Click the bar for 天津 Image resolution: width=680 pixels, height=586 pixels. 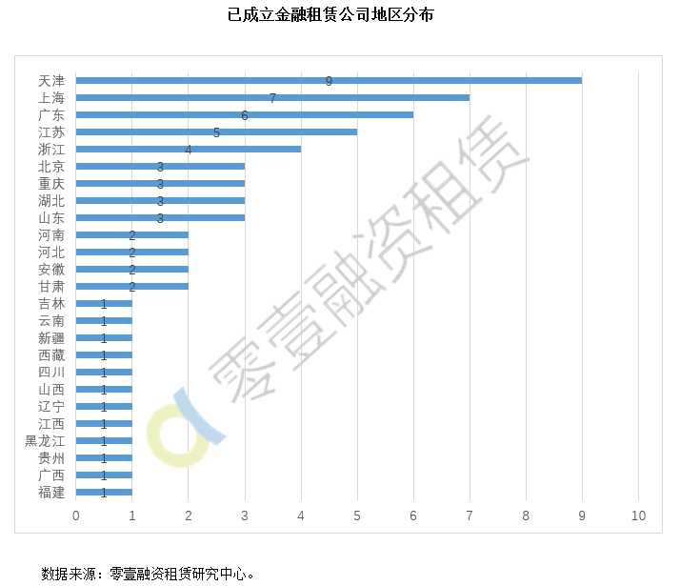coord(329,80)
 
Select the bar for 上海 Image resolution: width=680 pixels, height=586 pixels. coord(272,97)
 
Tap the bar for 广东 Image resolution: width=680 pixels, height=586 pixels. coord(245,114)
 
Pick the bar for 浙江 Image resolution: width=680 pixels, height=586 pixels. coord(189,149)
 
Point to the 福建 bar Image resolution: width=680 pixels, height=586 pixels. coord(104,492)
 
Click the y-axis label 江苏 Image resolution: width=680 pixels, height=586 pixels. coord(51,132)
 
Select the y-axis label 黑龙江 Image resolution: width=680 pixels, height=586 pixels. coord(45,441)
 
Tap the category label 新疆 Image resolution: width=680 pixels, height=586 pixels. coord(51,338)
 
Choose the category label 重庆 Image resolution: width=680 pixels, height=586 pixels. coord(51,184)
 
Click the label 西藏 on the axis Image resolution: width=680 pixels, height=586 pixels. coord(51,355)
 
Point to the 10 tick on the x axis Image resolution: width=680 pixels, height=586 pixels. coord(638,515)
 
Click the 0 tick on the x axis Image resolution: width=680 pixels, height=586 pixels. coord(76,515)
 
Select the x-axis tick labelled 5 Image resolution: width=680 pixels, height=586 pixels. coord(357,515)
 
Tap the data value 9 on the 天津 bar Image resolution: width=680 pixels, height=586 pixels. coord(329,81)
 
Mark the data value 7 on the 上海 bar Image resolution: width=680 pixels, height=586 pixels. coord(272,98)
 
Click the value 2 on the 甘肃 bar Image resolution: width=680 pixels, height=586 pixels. coord(132,287)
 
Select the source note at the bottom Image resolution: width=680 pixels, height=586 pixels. coord(149,574)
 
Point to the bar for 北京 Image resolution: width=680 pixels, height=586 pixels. coord(160,166)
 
